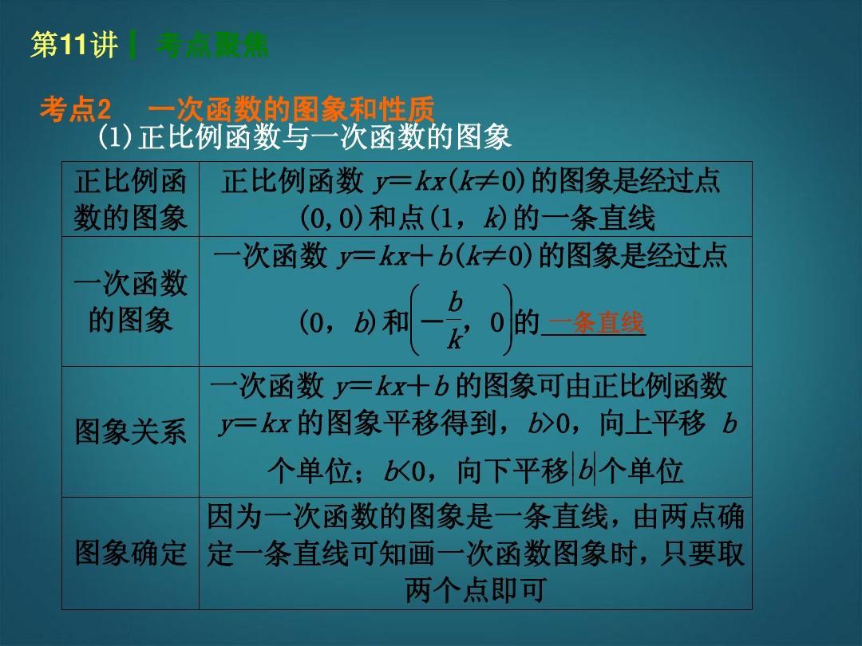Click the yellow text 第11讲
click(74, 45)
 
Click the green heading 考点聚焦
click(212, 45)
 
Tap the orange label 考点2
click(75, 108)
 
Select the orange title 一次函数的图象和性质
click(291, 108)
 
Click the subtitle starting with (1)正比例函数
click(305, 137)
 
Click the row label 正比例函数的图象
click(130, 199)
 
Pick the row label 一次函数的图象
click(130, 301)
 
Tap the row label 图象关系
click(130, 431)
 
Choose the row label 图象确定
click(130, 553)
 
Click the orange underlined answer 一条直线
click(595, 322)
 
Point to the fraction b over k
click(455, 321)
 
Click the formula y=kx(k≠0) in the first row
click(448, 181)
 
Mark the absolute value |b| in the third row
click(584, 470)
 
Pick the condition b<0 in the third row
click(405, 471)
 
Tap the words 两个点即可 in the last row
click(476, 590)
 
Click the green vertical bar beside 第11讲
click(132, 45)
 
